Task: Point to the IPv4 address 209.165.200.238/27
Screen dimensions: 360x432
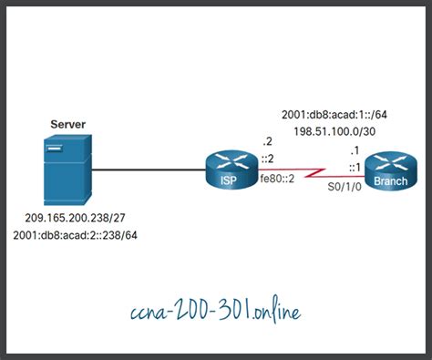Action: [74, 220]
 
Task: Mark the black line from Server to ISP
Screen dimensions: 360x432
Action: [146, 170]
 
